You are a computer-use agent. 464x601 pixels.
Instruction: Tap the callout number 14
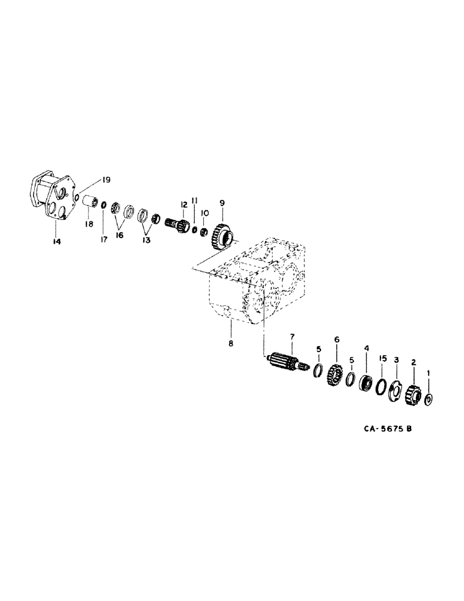pos(56,241)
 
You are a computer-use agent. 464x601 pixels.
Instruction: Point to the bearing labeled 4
pos(366,383)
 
